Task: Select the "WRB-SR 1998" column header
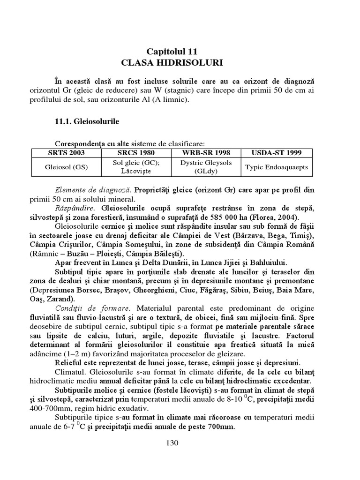click(x=205, y=152)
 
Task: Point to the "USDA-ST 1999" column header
click(x=276, y=152)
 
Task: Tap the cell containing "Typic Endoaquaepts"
click(x=276, y=167)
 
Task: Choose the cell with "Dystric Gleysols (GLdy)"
click(x=205, y=167)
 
